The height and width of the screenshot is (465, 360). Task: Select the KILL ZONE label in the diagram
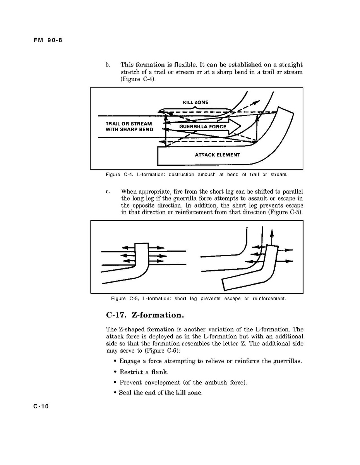coord(195,102)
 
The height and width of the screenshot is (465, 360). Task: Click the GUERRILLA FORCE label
coord(202,127)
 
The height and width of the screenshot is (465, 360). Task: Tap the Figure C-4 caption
coord(197,175)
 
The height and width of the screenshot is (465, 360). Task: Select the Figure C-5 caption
coord(198,299)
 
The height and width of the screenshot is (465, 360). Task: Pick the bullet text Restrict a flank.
coord(144,372)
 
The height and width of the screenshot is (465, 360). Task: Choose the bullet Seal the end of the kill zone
coord(161,393)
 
